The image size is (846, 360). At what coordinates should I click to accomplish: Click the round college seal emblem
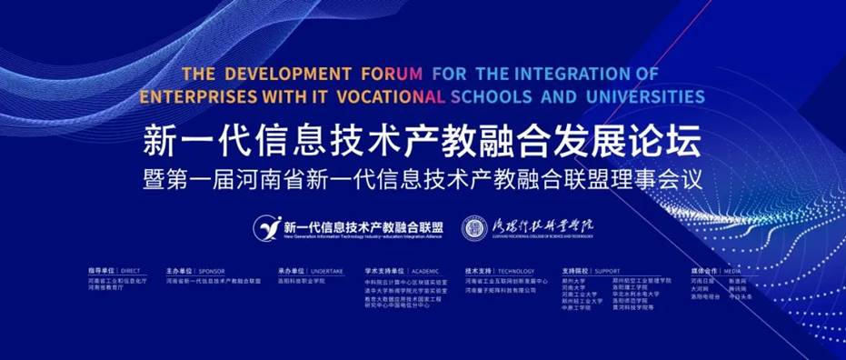pyautogui.click(x=473, y=227)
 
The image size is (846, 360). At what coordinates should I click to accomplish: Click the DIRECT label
pyautogui.click(x=130, y=271)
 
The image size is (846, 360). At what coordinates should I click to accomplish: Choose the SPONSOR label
pyautogui.click(x=211, y=271)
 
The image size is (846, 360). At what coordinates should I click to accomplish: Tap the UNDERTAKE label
pyautogui.click(x=326, y=271)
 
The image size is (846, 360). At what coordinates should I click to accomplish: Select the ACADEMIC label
pyautogui.click(x=423, y=271)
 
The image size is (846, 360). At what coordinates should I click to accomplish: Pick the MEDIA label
pyautogui.click(x=734, y=271)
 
